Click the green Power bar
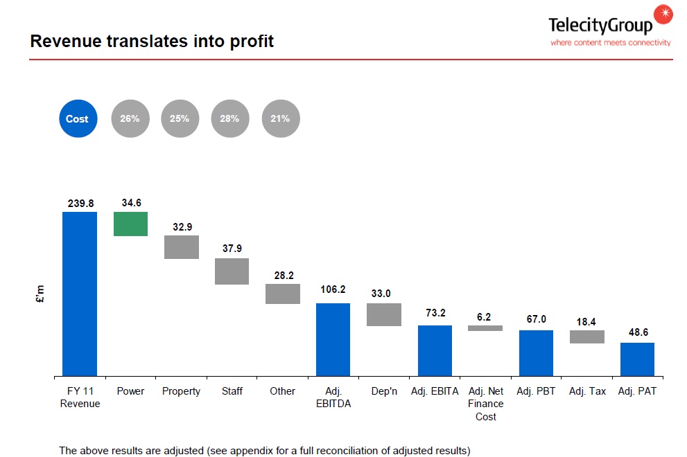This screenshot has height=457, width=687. (x=130, y=224)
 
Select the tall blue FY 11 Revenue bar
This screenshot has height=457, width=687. (x=80, y=294)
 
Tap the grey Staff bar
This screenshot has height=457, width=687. (x=232, y=271)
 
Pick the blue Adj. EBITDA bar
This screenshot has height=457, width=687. (x=333, y=339)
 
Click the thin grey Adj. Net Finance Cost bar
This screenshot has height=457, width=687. (x=485, y=328)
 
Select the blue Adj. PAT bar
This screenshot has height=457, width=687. (x=637, y=359)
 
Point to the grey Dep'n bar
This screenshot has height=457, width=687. (x=384, y=314)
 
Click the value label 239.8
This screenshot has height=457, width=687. (x=80, y=204)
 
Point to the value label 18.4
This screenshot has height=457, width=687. (x=587, y=323)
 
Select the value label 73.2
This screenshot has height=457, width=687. (x=435, y=313)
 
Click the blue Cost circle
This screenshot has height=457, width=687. (x=77, y=119)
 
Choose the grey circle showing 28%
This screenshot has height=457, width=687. (x=230, y=119)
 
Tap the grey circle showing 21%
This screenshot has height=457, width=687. (x=281, y=119)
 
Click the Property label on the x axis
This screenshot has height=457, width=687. (x=181, y=391)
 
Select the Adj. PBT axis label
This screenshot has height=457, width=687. (x=536, y=391)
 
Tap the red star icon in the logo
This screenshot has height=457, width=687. (x=663, y=13)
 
